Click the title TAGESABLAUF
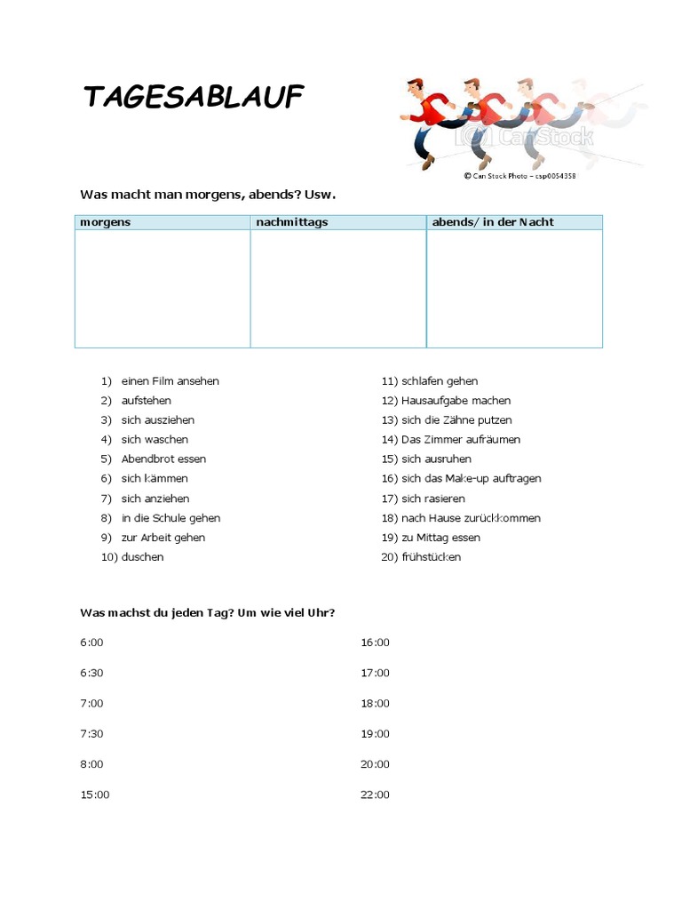point(194,97)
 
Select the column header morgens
point(105,222)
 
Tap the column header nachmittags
point(291,222)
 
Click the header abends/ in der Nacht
point(492,222)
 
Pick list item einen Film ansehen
point(170,381)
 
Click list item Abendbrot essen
point(163,459)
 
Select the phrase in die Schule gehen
point(170,518)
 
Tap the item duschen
point(142,557)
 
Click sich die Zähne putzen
point(456,420)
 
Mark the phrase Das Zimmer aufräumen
point(461,440)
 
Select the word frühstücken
point(431,557)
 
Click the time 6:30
point(91,673)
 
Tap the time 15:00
point(95,794)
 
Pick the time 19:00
point(375,734)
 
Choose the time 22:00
point(375,794)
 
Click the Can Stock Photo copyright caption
point(519,176)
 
